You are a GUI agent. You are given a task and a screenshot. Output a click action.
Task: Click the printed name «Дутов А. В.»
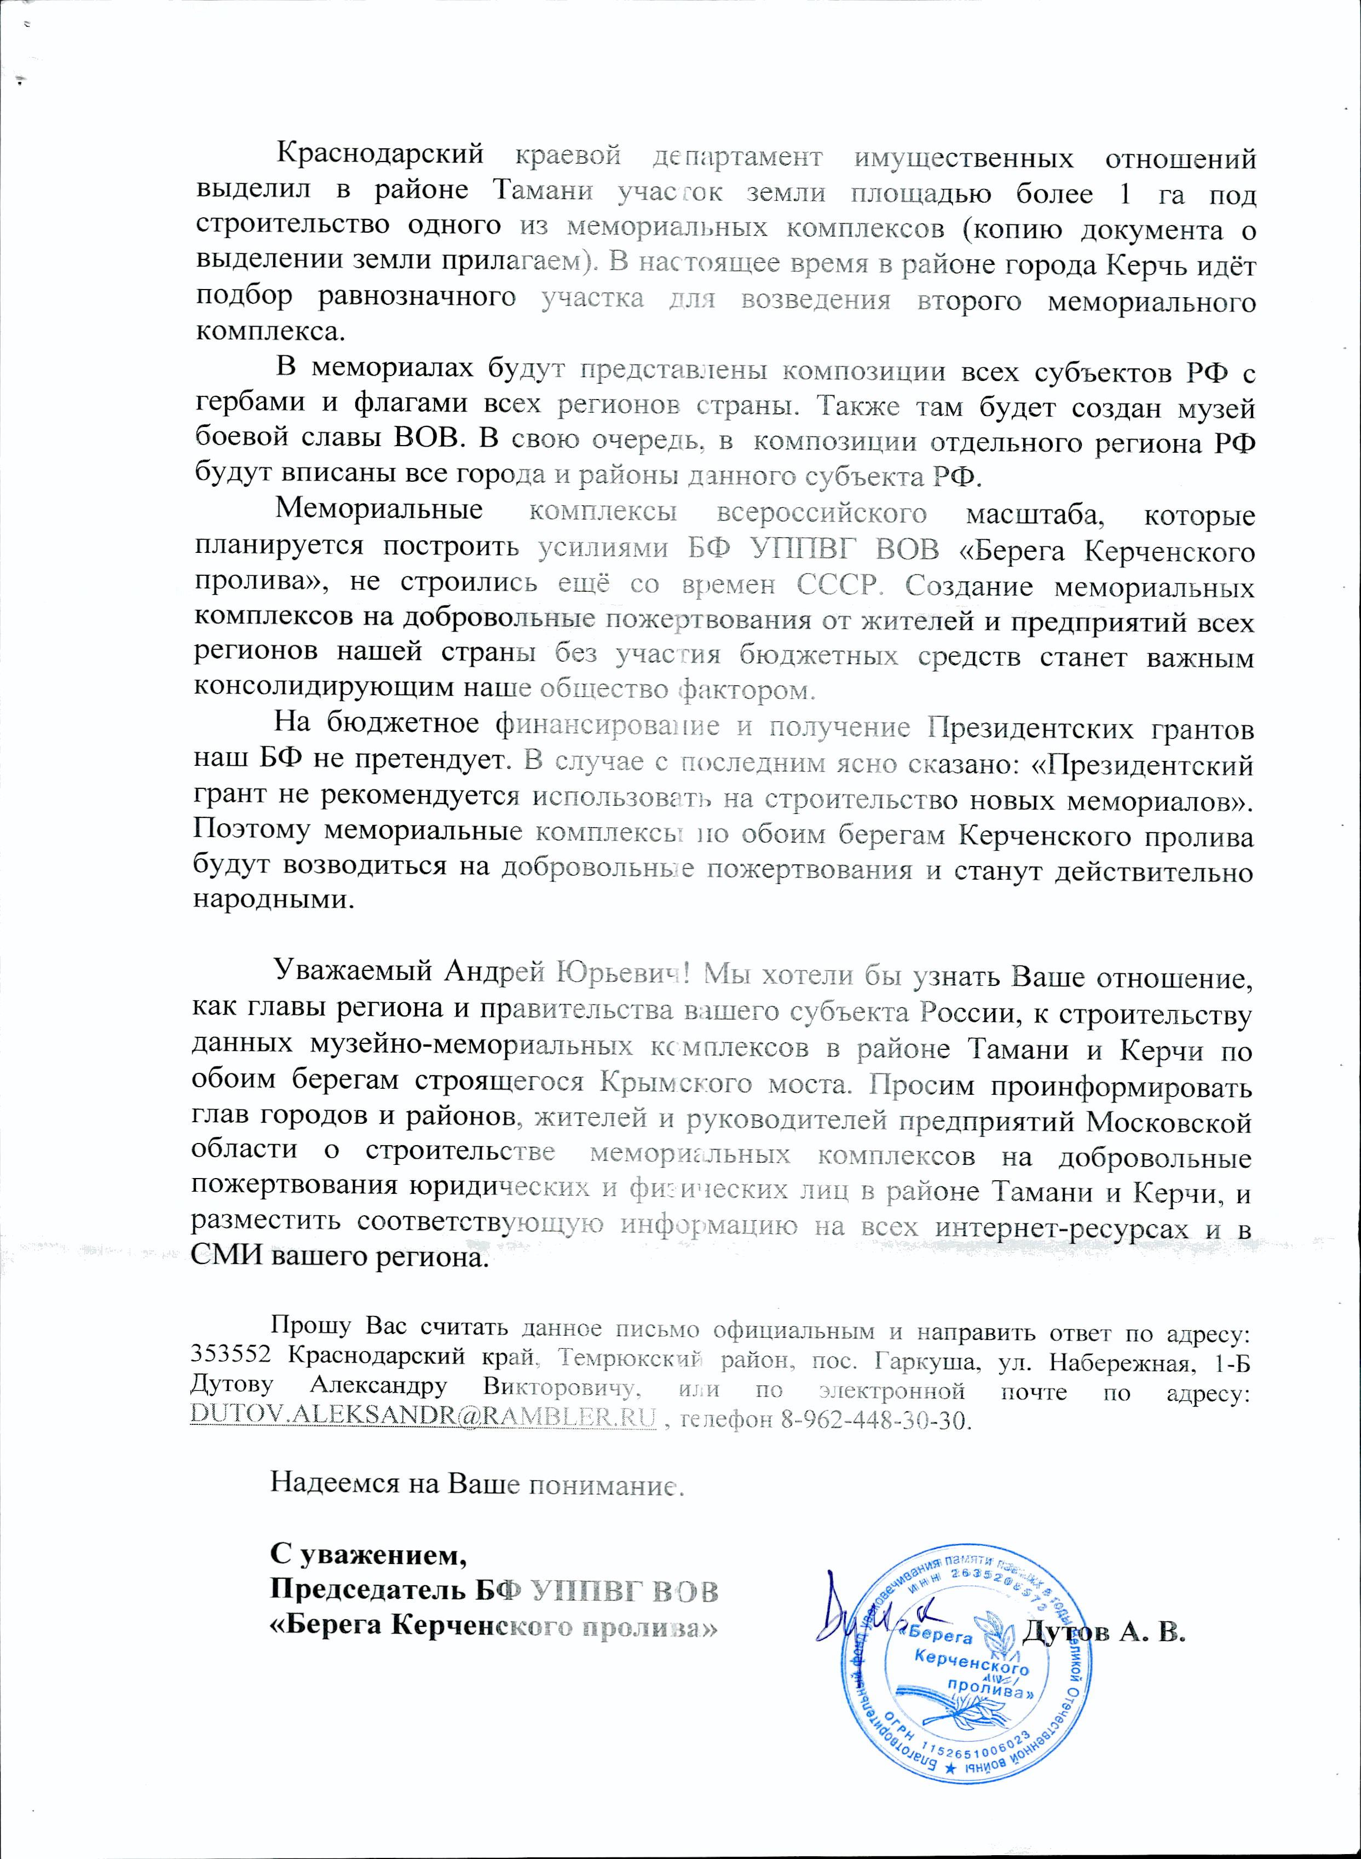click(x=1104, y=1630)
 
